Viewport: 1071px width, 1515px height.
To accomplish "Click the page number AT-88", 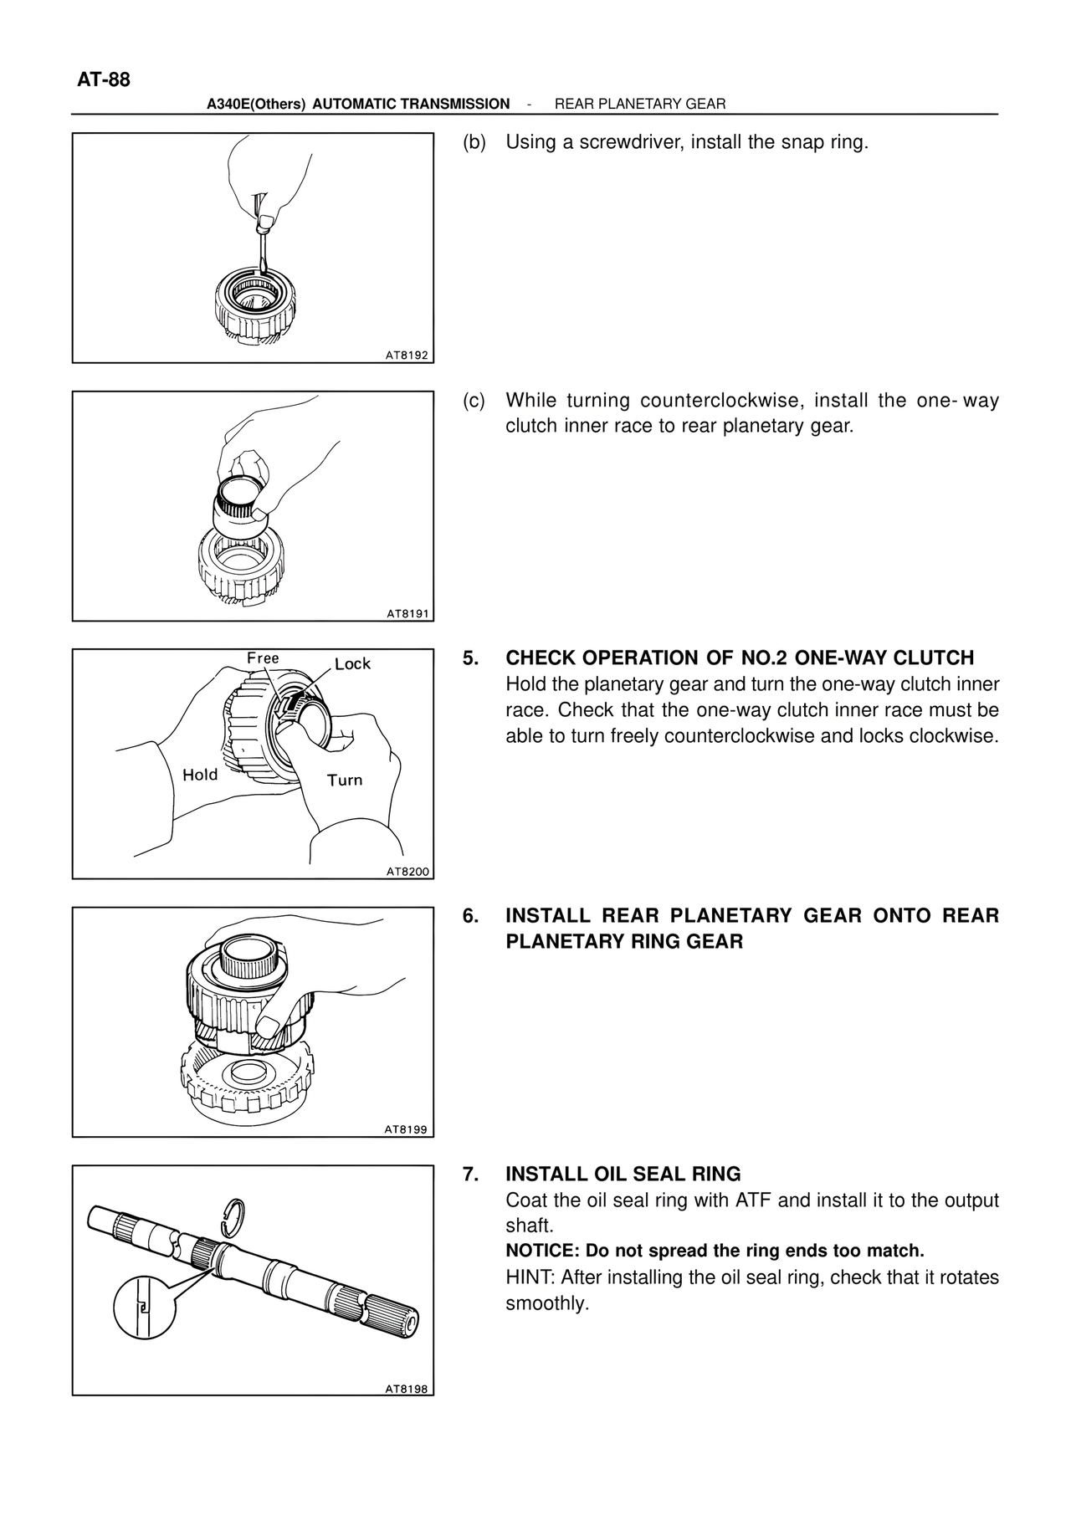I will coord(104,80).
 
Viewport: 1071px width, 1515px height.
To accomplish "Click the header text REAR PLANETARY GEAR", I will coord(640,105).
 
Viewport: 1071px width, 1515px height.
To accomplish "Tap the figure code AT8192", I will coord(407,356).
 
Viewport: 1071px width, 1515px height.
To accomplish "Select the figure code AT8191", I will coord(407,614).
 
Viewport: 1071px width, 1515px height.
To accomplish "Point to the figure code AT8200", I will coord(407,872).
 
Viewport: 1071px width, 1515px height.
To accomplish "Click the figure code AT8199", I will coord(407,1130).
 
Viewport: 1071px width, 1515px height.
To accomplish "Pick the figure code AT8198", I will coord(407,1389).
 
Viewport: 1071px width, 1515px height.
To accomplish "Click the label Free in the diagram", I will coord(263,658).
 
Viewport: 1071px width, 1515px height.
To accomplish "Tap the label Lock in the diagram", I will coord(352,664).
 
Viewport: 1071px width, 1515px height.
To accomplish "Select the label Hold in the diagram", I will coord(200,775).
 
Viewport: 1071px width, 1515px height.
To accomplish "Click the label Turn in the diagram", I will coord(345,781).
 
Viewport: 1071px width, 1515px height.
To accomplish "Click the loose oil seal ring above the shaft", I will coord(237,1212).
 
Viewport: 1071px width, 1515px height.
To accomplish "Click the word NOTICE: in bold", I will coord(542,1251).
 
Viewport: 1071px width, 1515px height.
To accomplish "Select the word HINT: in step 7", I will coord(530,1277).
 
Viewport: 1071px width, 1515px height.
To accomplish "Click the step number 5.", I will coord(470,658).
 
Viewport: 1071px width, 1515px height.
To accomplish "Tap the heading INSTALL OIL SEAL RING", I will coord(623,1174).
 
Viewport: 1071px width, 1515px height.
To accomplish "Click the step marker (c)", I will coord(474,401).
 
